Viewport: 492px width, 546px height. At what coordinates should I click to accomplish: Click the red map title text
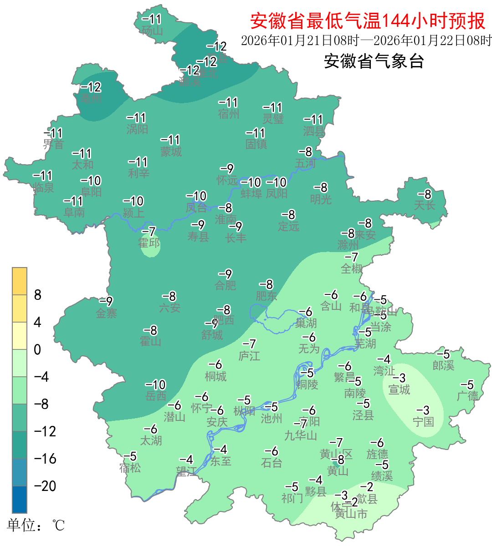point(368,21)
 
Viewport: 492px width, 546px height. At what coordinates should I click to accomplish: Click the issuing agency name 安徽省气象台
point(374,61)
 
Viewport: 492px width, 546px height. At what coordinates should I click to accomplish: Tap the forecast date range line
point(366,40)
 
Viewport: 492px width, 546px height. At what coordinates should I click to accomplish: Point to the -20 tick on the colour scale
point(45,486)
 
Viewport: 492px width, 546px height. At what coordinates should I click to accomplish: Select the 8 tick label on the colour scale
point(38,295)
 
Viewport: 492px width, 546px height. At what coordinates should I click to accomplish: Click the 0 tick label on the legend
point(37,350)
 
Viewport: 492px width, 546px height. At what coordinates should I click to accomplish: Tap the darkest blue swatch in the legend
point(20,500)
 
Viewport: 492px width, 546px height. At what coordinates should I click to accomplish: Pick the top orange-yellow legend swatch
point(20,281)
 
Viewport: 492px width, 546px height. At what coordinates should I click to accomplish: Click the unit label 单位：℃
point(36,526)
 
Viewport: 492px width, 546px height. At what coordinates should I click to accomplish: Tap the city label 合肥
point(225,285)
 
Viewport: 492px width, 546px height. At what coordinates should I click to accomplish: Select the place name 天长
point(425,205)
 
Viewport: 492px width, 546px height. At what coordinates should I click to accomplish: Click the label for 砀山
point(152,30)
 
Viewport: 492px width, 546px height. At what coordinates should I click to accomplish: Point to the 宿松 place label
point(130,467)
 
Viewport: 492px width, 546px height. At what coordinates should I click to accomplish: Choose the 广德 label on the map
point(468,396)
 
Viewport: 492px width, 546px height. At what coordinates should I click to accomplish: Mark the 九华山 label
point(301,435)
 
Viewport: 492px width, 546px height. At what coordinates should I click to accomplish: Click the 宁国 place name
point(423,422)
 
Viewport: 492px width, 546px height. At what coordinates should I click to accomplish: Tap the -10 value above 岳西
point(155,385)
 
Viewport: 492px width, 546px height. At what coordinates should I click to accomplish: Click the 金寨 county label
point(107,313)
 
